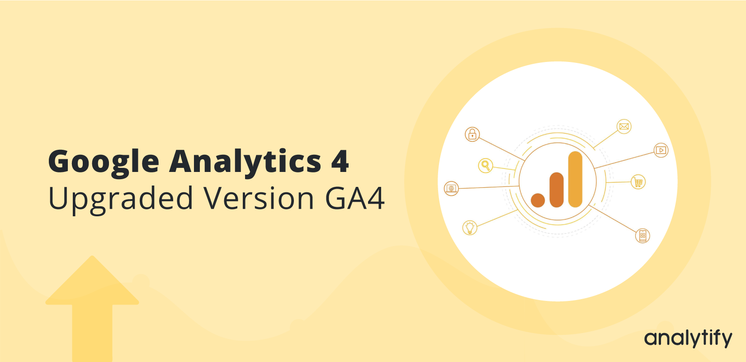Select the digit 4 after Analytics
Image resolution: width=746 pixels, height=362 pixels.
pos(340,161)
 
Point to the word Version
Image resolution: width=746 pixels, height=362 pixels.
pos(259,198)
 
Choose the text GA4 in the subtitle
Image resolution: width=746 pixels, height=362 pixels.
pos(354,198)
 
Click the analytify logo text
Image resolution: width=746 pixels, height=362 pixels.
pos(688,338)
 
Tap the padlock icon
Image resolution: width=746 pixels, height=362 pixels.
pos(472,134)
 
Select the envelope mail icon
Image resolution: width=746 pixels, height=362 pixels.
pos(624,126)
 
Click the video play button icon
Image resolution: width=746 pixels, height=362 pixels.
pos(661,150)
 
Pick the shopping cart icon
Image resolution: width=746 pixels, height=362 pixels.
pos(638,182)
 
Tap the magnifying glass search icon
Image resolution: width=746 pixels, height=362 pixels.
pos(486,165)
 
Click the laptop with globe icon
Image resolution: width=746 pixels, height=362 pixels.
pos(451,188)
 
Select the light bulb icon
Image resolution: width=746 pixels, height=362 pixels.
pos(470,228)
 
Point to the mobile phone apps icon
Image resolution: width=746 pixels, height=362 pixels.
pos(642,236)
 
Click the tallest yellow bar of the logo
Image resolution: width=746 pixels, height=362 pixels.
pos(575,179)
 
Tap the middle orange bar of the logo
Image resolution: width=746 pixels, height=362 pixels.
pos(557,190)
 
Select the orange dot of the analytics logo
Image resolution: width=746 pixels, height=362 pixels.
pos(538,200)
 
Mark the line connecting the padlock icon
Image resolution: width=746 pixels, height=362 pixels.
pos(502,149)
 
